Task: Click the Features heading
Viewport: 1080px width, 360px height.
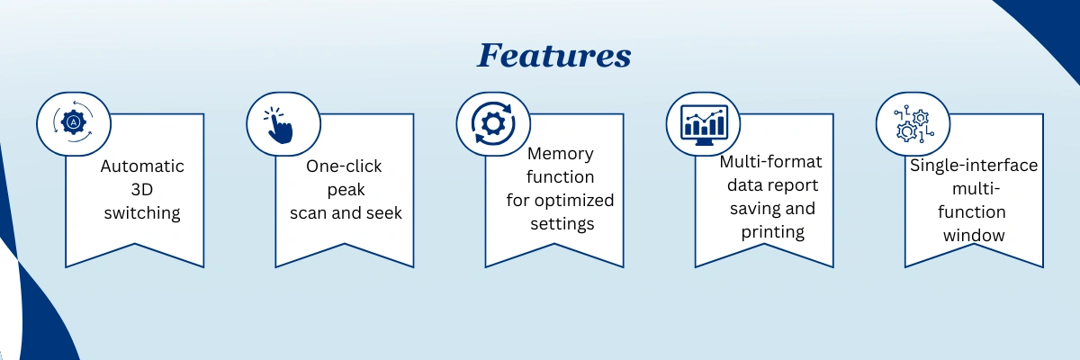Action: (x=553, y=56)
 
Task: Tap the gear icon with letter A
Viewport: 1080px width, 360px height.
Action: (x=74, y=121)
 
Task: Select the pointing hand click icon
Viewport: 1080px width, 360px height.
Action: (x=283, y=126)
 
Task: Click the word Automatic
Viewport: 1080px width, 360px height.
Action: (x=142, y=166)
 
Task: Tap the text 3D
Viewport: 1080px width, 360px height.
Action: (x=142, y=190)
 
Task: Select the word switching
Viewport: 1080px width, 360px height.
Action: (x=142, y=213)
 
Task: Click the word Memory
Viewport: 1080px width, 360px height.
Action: (x=561, y=154)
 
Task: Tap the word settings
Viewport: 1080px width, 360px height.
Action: (x=561, y=223)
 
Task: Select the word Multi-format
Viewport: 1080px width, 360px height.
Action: (x=771, y=162)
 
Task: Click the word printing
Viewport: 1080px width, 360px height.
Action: (x=771, y=231)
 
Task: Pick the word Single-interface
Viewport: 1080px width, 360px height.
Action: (x=974, y=166)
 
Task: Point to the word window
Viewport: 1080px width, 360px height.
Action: (x=974, y=235)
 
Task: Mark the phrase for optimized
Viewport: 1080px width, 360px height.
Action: (x=561, y=200)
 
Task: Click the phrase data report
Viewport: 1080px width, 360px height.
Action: (x=771, y=185)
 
